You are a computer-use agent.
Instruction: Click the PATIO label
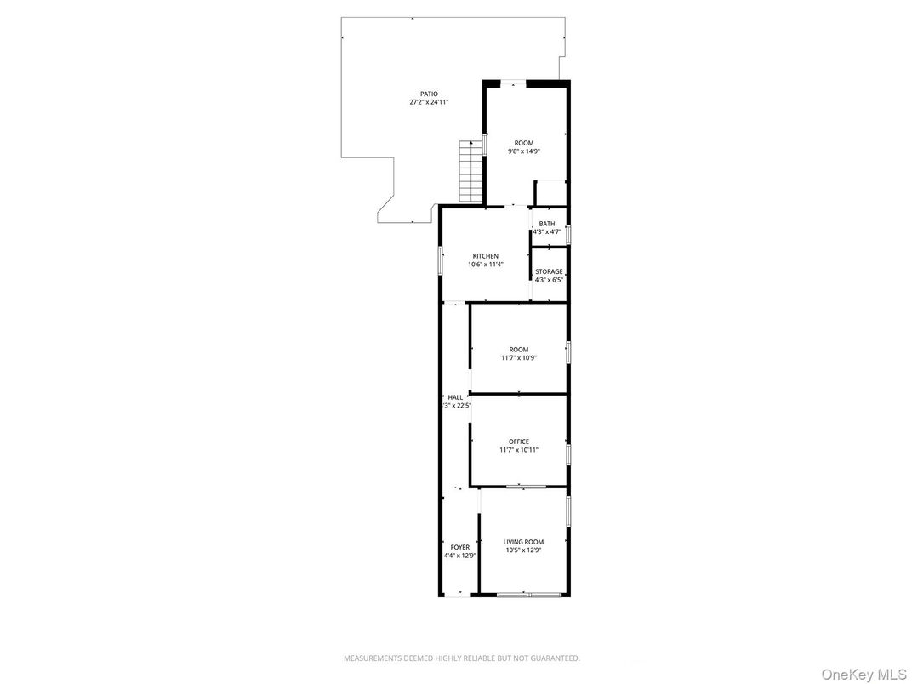(x=429, y=94)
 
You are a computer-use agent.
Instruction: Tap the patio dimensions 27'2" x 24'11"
(x=429, y=102)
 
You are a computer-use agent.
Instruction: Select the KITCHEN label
(x=486, y=256)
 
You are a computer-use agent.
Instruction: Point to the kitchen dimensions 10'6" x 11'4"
(x=486, y=265)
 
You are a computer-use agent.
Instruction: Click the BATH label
(x=547, y=224)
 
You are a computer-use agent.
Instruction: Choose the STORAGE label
(x=549, y=271)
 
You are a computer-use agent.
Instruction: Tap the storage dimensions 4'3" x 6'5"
(x=549, y=280)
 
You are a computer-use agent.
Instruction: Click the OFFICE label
(x=519, y=442)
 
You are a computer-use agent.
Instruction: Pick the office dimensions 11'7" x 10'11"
(x=519, y=450)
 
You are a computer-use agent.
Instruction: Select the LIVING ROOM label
(x=523, y=542)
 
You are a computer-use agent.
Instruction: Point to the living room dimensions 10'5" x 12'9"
(x=523, y=550)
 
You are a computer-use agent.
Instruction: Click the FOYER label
(x=459, y=547)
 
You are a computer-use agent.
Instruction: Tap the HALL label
(x=456, y=397)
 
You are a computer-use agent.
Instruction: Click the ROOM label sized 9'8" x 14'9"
(x=524, y=143)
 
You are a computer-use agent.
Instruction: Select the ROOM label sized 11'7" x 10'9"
(x=519, y=350)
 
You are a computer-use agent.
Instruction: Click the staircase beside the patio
(x=470, y=171)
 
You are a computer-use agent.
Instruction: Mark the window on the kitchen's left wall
(x=441, y=260)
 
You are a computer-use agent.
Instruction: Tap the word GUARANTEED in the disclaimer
(x=552, y=658)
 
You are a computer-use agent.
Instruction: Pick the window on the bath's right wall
(x=568, y=234)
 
